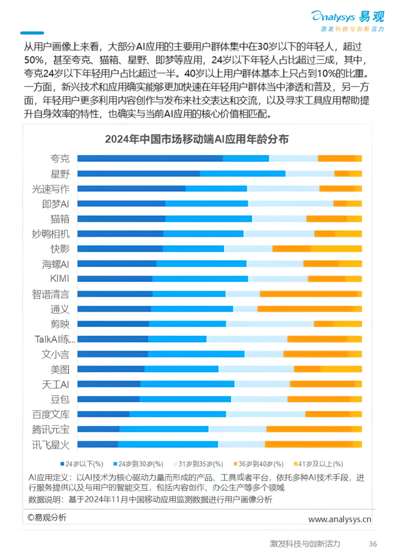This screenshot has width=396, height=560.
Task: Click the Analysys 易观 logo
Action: pos(347,17)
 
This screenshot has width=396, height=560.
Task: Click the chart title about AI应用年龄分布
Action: pos(197,139)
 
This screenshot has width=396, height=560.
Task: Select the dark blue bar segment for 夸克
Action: pos(150,158)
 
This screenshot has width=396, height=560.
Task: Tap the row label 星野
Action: pos(60,174)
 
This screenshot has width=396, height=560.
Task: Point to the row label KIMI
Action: pos(59,279)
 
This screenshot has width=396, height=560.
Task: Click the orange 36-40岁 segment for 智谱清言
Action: pos(308,294)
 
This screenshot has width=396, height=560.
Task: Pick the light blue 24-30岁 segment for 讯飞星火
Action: pos(168,444)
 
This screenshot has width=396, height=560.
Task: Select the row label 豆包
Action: pos(60,399)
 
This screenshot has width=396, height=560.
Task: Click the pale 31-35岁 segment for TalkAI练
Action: pos(247,339)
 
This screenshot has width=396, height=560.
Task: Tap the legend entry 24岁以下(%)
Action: pos(82,464)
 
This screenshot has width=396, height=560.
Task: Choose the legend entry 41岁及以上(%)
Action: pos(318,464)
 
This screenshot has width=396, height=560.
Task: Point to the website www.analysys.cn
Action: pos(339,519)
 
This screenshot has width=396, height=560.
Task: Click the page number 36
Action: pos(372,544)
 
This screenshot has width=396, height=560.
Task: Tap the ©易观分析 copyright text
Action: pos(47,517)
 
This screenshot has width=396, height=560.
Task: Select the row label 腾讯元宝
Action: pos(51,430)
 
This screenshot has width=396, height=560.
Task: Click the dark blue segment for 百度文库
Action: pos(103,414)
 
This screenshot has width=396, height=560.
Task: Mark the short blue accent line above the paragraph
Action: pos(32,33)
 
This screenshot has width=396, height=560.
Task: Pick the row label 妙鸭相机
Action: pos(51,234)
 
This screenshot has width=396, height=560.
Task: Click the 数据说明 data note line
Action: pos(150,499)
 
